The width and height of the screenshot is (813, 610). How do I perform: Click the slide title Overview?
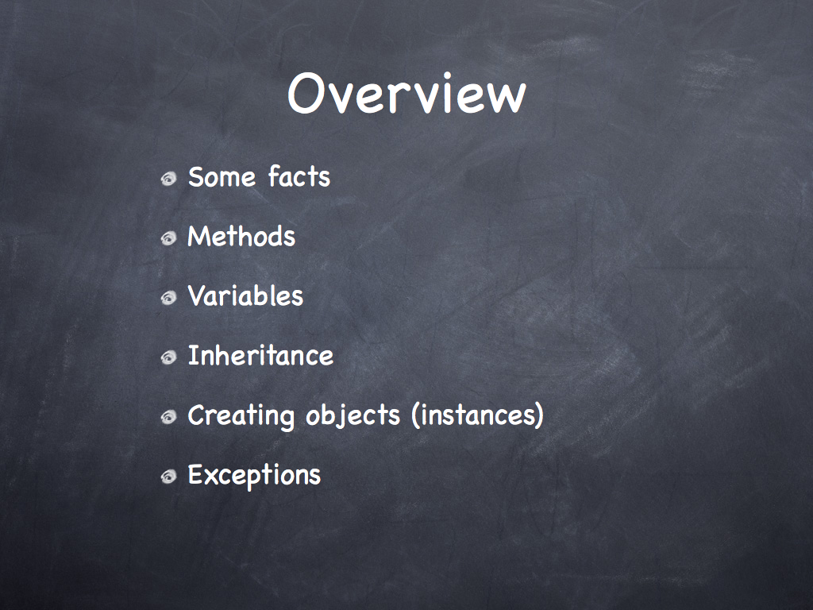point(407,94)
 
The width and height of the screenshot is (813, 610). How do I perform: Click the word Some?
point(222,177)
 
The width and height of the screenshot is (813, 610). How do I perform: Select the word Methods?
point(241,236)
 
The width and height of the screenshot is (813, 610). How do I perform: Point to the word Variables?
point(245,295)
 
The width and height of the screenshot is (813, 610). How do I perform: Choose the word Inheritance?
point(260,355)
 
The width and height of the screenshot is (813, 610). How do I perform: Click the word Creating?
point(241,416)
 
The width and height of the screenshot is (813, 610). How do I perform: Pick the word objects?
point(353,416)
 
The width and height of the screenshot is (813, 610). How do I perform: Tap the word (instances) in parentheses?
point(477,415)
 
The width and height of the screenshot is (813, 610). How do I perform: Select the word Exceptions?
point(254,475)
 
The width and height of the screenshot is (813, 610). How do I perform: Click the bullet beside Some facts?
point(168,179)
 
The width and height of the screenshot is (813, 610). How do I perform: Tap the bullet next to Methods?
point(168,238)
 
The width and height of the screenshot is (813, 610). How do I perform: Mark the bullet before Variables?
point(168,299)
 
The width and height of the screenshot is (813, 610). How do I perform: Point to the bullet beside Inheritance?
point(168,358)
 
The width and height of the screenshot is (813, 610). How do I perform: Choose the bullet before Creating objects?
point(168,417)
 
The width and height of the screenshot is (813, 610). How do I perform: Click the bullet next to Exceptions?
point(168,477)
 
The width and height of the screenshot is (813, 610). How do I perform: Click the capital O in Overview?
point(306,94)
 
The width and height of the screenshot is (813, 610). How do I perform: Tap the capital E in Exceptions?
point(195,475)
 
